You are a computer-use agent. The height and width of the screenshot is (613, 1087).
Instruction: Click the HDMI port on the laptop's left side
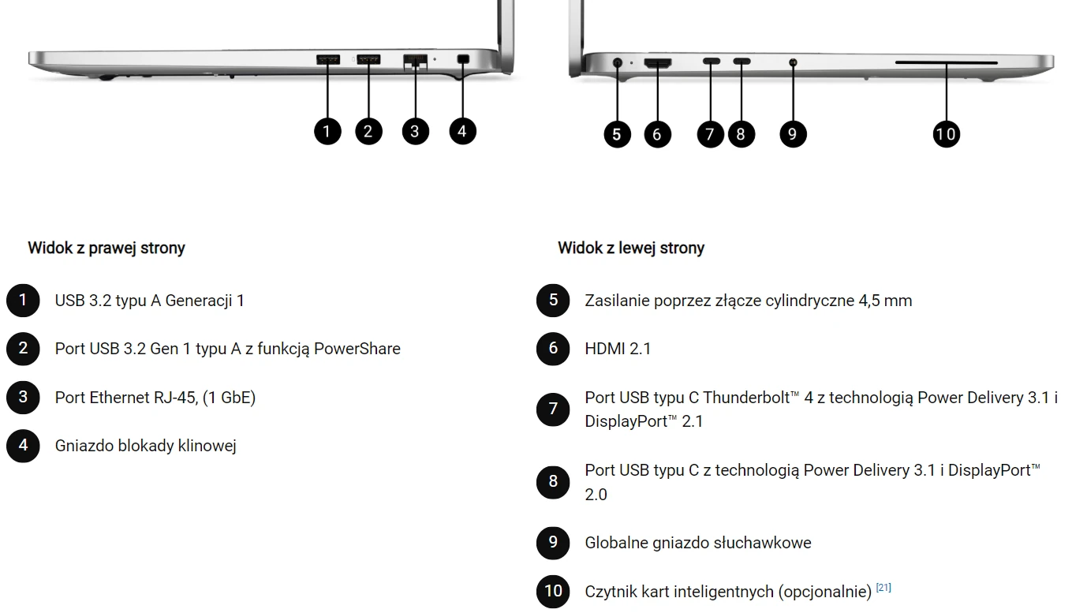click(x=658, y=62)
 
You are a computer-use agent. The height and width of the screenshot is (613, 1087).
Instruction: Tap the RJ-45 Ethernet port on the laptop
click(x=416, y=62)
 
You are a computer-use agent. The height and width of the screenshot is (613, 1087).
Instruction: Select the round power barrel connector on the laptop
click(x=618, y=62)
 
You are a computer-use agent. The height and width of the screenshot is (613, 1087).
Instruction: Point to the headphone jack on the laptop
click(x=793, y=62)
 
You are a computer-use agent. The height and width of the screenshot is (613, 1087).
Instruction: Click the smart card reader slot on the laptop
click(x=947, y=62)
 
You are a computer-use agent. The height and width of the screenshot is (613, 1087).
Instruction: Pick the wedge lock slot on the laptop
click(x=463, y=59)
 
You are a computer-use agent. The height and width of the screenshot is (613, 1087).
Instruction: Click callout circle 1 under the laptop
click(x=327, y=131)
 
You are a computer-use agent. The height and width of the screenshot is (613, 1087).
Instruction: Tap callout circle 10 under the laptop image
click(x=947, y=134)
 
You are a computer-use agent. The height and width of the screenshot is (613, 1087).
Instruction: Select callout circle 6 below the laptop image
click(x=658, y=134)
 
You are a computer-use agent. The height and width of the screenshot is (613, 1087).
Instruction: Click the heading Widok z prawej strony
click(x=106, y=248)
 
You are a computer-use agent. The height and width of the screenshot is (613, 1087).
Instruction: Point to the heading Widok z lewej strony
click(x=631, y=248)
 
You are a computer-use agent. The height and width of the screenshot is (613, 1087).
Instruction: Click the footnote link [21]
click(x=883, y=587)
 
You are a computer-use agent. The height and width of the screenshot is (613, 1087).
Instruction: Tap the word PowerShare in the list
click(x=357, y=349)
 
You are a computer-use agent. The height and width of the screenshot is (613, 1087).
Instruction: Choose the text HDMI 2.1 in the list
click(x=618, y=349)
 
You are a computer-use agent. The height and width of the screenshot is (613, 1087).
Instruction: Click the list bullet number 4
click(x=23, y=446)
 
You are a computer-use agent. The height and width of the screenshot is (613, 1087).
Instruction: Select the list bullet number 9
click(x=553, y=543)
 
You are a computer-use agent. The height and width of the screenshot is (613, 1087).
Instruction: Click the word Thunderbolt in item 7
click(x=746, y=398)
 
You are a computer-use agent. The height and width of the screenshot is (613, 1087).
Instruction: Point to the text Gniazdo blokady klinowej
click(x=146, y=446)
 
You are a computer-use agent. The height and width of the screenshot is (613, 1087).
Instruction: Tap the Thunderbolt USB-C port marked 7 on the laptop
click(x=712, y=62)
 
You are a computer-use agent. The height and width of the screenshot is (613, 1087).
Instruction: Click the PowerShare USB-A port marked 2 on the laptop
click(x=368, y=60)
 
